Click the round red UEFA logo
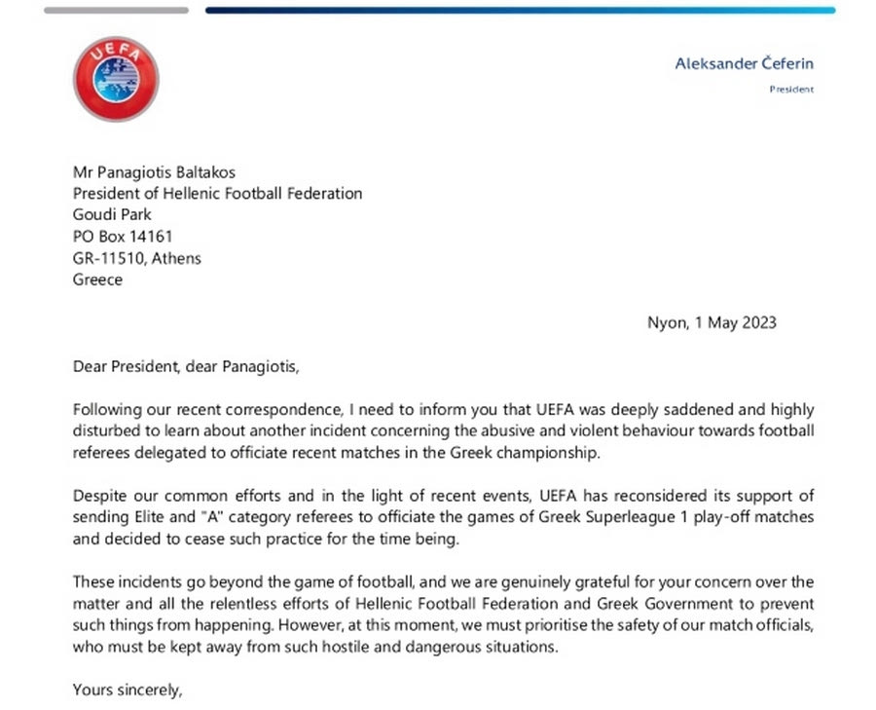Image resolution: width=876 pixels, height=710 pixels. pyautogui.click(x=116, y=79)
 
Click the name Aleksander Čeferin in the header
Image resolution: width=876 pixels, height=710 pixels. pyautogui.click(x=745, y=64)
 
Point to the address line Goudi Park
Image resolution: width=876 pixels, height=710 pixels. pyautogui.click(x=112, y=214)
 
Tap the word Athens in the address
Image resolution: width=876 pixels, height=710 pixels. pyautogui.click(x=179, y=258)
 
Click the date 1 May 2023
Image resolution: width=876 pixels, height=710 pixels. pyautogui.click(x=735, y=322)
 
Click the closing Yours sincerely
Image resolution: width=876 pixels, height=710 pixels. pyautogui.click(x=128, y=691)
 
